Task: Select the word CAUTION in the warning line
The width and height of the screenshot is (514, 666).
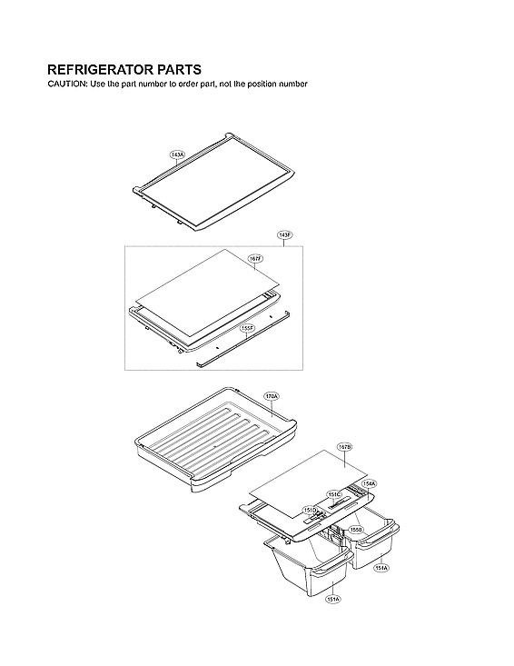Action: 67,84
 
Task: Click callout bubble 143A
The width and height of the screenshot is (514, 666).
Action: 177,155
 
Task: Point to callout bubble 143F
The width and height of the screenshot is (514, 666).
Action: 284,235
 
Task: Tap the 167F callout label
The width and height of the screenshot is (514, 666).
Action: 255,259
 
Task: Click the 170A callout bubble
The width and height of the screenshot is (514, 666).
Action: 272,397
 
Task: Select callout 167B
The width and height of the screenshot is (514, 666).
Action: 344,447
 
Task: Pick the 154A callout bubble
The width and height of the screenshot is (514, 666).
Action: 370,484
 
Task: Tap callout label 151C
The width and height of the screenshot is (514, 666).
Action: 334,495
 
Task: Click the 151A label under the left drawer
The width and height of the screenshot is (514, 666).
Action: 333,600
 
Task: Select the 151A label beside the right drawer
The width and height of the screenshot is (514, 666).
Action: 381,567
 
